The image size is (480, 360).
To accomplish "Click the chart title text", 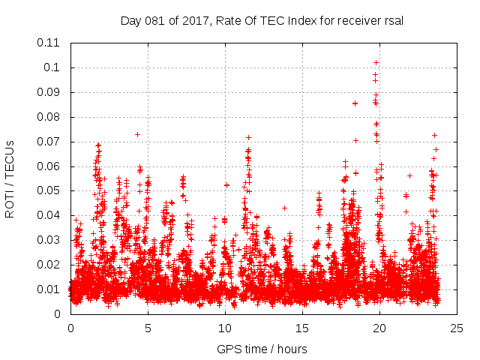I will click(262, 20).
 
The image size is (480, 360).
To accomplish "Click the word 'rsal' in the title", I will click(393, 20).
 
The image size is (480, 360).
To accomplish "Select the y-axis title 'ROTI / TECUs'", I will click(10, 178).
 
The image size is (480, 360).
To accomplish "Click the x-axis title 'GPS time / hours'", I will click(262, 349).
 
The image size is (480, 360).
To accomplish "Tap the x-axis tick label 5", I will click(148, 328).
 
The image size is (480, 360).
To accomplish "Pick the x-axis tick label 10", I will click(225, 328).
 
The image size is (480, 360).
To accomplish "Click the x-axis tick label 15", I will click(302, 328).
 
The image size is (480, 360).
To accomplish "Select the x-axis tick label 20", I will click(380, 328).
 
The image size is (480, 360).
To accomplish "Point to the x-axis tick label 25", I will click(457, 328).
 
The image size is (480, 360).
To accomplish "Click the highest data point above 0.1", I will click(376, 62).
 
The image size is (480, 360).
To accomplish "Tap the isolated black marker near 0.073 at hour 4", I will click(137, 134).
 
